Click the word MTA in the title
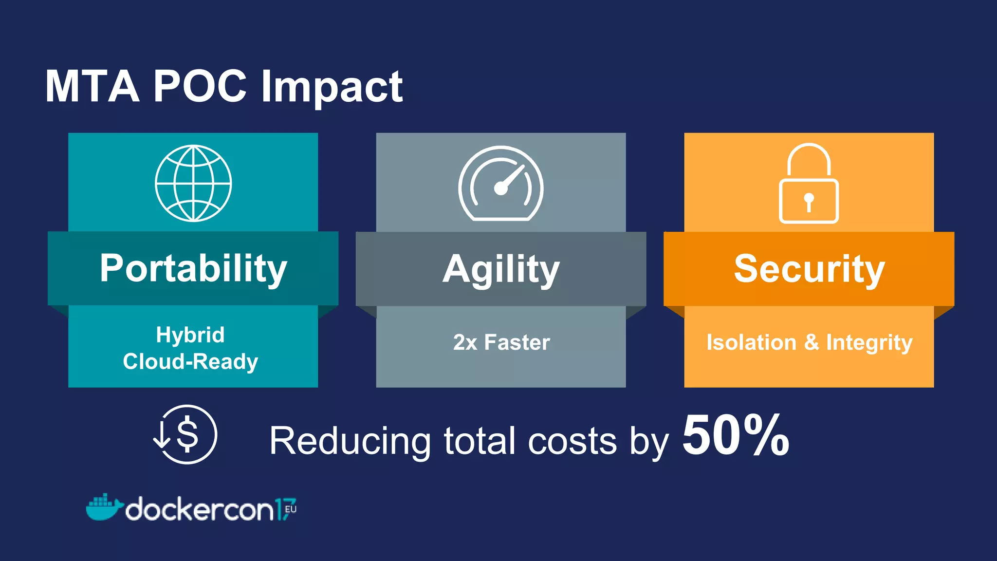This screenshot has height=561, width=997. click(92, 86)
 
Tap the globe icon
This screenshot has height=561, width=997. click(193, 183)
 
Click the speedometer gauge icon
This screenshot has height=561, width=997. click(501, 184)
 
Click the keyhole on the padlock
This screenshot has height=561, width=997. click(809, 201)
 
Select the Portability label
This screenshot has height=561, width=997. click(193, 268)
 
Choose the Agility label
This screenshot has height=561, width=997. click(501, 269)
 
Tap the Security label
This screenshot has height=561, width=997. click(809, 269)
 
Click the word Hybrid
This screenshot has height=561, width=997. click(190, 335)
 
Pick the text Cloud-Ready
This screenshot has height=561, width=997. click(190, 361)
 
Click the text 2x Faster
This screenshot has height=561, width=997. click(501, 342)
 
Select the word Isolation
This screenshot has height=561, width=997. click(751, 342)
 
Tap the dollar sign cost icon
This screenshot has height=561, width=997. click(185, 434)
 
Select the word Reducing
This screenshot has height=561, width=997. click(350, 441)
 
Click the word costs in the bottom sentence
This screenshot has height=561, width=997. click(572, 441)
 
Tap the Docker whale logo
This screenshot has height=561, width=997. click(104, 507)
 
